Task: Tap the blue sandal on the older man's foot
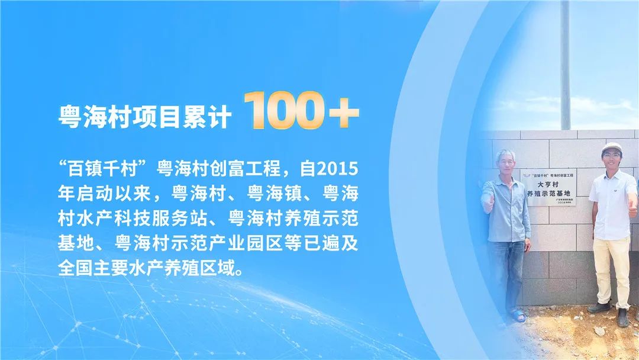pyautogui.click(x=518, y=316)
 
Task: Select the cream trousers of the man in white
pyautogui.click(x=610, y=266)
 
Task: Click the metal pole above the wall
pyautogui.click(x=565, y=65)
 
